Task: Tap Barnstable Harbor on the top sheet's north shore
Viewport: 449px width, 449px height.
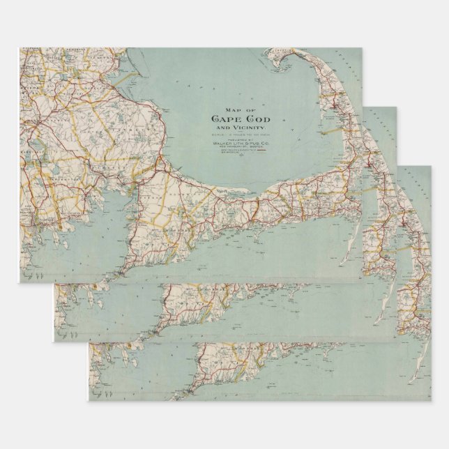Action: click(230, 195)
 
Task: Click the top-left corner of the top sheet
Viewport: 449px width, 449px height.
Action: click(19, 48)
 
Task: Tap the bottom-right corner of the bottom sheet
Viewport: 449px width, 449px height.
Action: click(431, 400)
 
